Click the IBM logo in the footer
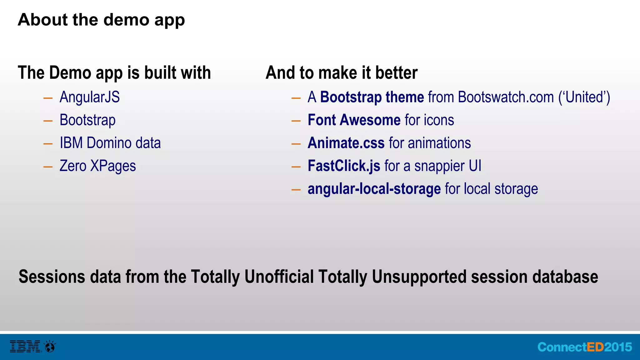click(x=25, y=346)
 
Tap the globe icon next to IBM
click(x=50, y=346)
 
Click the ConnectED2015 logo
click(x=584, y=347)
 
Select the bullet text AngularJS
click(x=89, y=97)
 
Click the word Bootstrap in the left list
click(x=87, y=120)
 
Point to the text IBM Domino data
click(x=110, y=143)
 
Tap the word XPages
click(x=113, y=166)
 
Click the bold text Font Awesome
click(x=354, y=120)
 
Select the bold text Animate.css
click(x=346, y=143)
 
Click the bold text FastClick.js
click(x=344, y=166)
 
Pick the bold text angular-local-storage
click(x=374, y=189)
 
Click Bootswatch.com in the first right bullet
click(x=506, y=97)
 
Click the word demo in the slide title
click(x=126, y=20)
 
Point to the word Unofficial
click(x=279, y=277)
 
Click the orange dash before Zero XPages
click(x=48, y=167)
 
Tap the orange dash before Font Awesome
click(x=296, y=121)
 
